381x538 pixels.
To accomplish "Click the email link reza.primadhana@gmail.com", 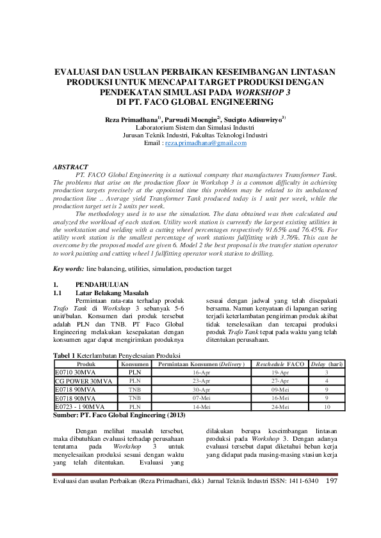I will click(x=206, y=144).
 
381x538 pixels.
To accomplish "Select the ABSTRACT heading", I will click(x=70, y=167).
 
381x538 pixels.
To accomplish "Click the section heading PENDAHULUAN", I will click(x=102, y=284).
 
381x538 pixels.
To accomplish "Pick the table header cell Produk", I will click(x=85, y=364).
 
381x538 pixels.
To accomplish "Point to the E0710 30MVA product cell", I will click(x=74, y=372).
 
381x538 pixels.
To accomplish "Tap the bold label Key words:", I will click(x=69, y=269).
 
